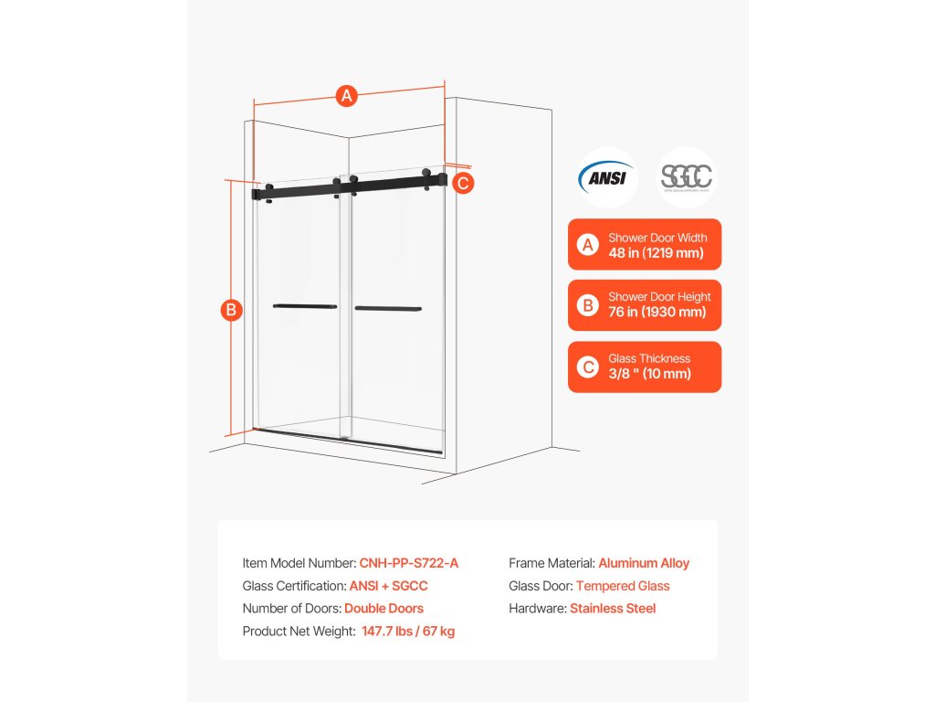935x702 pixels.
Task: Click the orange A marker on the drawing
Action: [346, 96]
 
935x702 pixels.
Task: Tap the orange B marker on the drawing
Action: [232, 310]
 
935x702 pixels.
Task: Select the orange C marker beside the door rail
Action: [463, 183]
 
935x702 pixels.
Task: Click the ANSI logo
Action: [607, 177]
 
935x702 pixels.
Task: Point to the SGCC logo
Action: [688, 177]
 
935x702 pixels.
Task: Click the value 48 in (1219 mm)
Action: [656, 252]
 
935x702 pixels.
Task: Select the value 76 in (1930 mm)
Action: [657, 312]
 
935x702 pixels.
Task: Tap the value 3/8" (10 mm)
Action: [649, 373]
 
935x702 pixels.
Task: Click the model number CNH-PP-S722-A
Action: [409, 563]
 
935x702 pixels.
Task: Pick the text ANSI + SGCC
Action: [389, 586]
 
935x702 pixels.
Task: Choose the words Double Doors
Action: [383, 608]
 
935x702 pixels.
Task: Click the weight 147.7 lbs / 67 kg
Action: [408, 631]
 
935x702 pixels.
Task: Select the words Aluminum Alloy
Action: [644, 563]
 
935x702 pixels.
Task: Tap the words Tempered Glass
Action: [623, 586]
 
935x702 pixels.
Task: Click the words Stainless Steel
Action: [613, 608]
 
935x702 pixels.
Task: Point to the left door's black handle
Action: [305, 306]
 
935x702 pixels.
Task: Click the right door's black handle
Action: [388, 308]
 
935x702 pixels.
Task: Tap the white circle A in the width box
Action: [589, 245]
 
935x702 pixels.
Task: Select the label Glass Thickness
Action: [649, 358]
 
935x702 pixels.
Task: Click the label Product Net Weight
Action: [299, 631]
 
